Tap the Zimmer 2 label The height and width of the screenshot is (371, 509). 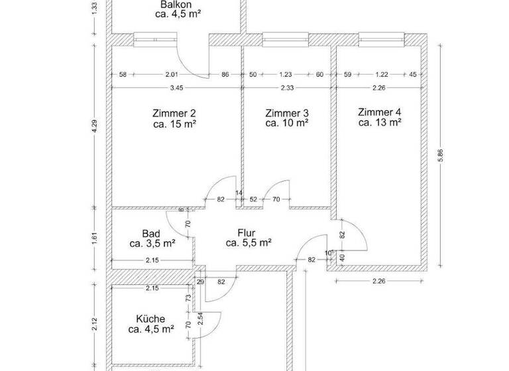point(174,113)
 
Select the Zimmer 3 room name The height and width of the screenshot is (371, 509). point(286,113)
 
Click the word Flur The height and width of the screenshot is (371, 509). point(248,233)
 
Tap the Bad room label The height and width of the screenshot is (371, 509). point(152,233)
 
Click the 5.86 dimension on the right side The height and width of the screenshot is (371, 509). point(439,153)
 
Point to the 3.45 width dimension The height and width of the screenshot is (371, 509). point(176,87)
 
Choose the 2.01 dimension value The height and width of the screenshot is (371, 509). point(172,75)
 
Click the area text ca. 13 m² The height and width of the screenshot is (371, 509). point(380,122)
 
